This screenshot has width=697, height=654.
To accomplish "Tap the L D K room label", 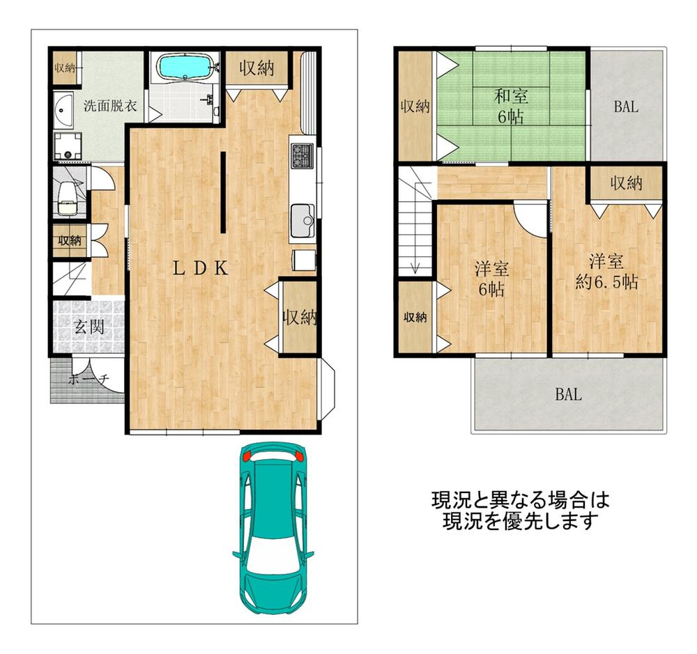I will (201, 270).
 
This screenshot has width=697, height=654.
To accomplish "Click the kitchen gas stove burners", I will (302, 155).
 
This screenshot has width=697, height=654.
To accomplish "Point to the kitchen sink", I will (302, 221).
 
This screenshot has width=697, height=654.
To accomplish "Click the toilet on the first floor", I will (68, 196).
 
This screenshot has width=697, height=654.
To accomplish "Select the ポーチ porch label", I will (88, 380).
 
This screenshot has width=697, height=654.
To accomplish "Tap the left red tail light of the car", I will (246, 458).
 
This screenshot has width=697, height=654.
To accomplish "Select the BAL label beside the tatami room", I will (627, 107).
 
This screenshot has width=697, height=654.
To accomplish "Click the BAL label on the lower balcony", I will (568, 395).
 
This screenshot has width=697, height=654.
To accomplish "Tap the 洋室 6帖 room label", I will (491, 279).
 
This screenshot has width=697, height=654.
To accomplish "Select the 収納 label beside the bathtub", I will (256, 68).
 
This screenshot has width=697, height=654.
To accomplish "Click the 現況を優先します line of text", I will (521, 520).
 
